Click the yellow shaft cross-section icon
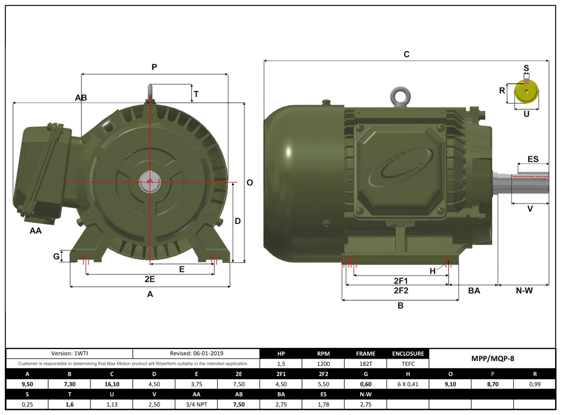pyautogui.click(x=526, y=92)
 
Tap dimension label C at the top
pyautogui.click(x=406, y=54)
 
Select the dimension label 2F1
pyautogui.click(x=401, y=280)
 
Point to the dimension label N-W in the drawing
pyautogui.click(x=524, y=290)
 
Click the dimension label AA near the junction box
pyautogui.click(x=36, y=230)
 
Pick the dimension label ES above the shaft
pyautogui.click(x=532, y=159)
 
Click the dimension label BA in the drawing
pyautogui.click(x=474, y=290)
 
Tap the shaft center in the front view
pyautogui.click(x=148, y=181)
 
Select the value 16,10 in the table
pyautogui.click(x=111, y=384)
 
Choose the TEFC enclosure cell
pyautogui.click(x=408, y=363)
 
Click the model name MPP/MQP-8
pyautogui.click(x=492, y=359)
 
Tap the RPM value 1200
pyautogui.click(x=323, y=363)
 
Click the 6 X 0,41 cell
pyautogui.click(x=408, y=384)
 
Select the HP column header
pyautogui.click(x=281, y=353)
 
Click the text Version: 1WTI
pyautogui.click(x=69, y=353)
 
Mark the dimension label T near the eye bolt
pyautogui.click(x=196, y=94)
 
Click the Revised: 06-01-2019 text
pyautogui.click(x=196, y=353)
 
